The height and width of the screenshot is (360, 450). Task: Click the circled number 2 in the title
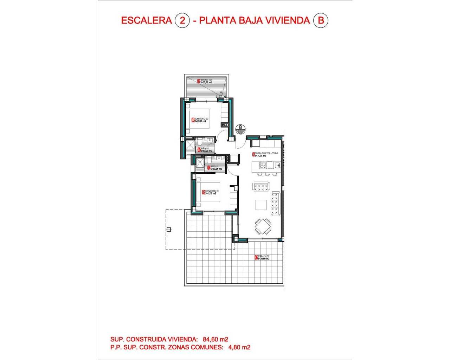click(182, 20)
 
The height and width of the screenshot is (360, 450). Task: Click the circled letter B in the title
click(320, 20)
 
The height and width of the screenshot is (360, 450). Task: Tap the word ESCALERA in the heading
click(146, 20)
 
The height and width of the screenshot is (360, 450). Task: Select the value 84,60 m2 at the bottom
click(216, 339)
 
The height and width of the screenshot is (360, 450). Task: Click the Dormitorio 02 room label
click(202, 120)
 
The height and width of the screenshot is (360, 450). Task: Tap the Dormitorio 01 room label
click(212, 192)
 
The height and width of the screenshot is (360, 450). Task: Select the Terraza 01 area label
click(264, 257)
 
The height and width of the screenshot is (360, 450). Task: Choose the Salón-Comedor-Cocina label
click(266, 154)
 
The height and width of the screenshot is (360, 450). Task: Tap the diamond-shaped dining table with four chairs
click(263, 226)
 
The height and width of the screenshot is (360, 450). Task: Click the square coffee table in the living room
click(261, 205)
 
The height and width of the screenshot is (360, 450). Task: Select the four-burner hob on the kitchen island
click(263, 165)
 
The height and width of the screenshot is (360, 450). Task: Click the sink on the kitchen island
click(277, 165)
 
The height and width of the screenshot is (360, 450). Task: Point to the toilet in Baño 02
click(199, 142)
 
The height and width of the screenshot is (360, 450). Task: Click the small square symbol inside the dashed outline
click(169, 230)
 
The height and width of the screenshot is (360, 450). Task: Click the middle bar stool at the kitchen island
click(267, 174)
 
